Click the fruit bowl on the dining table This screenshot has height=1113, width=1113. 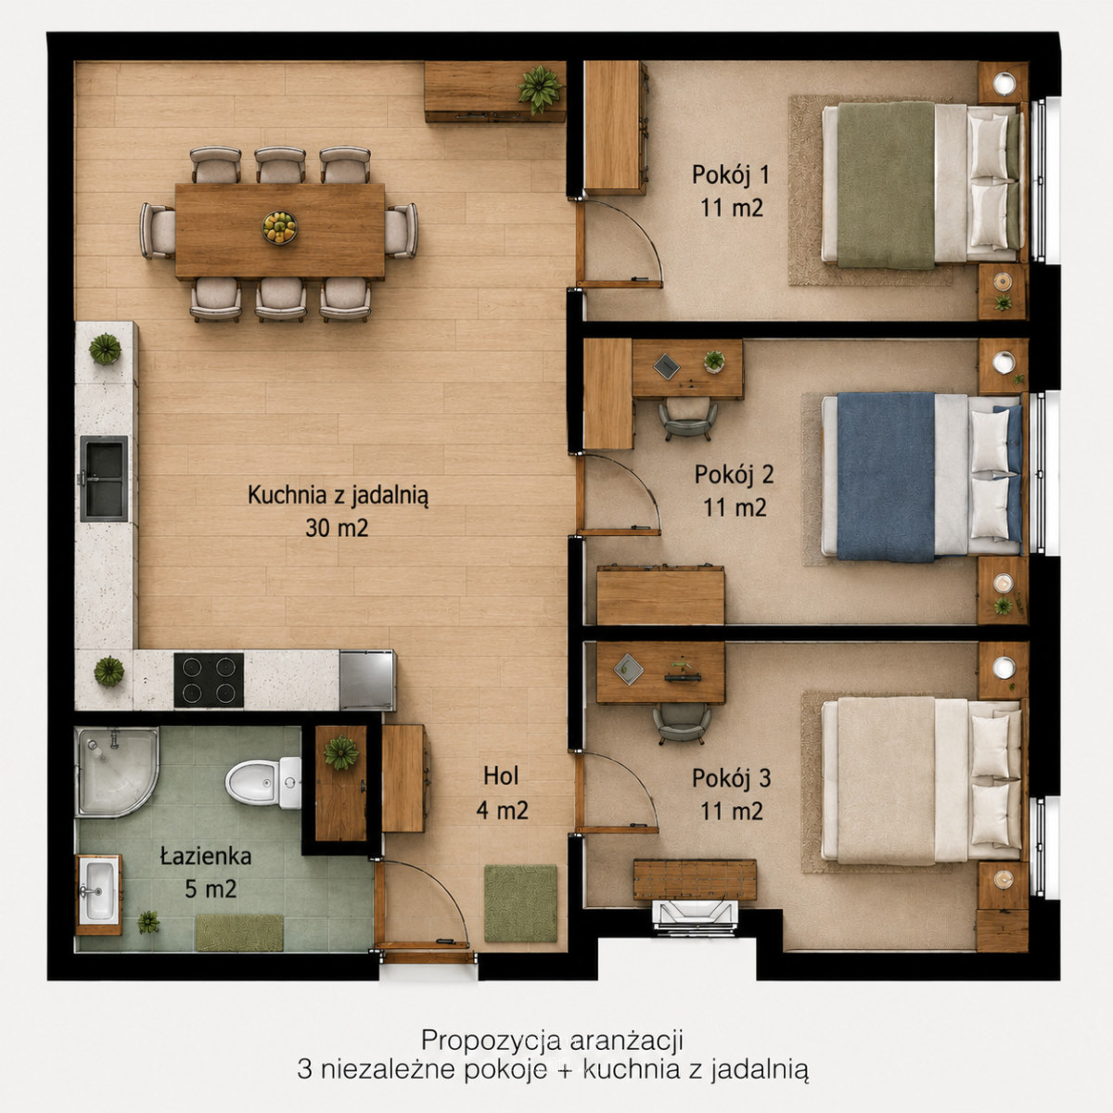(x=279, y=227)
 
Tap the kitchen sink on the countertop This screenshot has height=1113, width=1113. (x=104, y=479)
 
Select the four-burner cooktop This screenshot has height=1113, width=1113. (x=209, y=680)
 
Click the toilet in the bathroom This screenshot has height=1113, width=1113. (x=263, y=782)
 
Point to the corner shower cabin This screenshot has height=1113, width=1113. (x=117, y=772)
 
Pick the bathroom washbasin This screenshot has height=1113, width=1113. (x=98, y=891)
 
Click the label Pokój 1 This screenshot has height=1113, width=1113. (x=731, y=175)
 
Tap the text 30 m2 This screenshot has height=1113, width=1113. (x=337, y=528)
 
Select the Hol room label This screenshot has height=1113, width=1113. (x=501, y=775)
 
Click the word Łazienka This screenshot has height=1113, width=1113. (x=206, y=856)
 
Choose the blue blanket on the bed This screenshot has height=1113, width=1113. (x=886, y=477)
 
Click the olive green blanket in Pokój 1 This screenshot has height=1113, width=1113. (x=886, y=185)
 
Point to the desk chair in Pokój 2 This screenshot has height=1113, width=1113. (x=688, y=420)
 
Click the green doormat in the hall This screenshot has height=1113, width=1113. (x=520, y=902)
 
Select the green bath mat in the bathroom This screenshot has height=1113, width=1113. (x=239, y=933)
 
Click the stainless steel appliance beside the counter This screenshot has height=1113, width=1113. (x=367, y=681)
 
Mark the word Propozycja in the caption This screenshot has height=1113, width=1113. (x=491, y=1041)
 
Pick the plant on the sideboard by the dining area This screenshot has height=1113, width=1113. (x=540, y=89)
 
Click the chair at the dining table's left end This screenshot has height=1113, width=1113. (x=158, y=230)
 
